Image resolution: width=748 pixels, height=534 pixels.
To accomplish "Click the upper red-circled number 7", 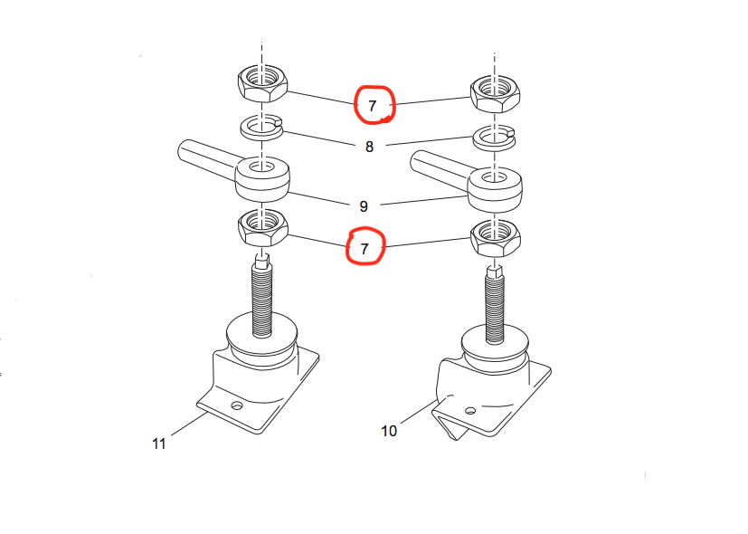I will pyautogui.click(x=372, y=105).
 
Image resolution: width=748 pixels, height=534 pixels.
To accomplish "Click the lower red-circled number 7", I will pyautogui.click(x=365, y=247).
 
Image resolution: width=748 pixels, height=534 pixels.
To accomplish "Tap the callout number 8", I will pyautogui.click(x=369, y=146).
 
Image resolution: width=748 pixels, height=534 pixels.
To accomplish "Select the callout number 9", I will pyautogui.click(x=364, y=205).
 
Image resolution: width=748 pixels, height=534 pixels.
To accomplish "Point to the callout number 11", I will pyautogui.click(x=159, y=443).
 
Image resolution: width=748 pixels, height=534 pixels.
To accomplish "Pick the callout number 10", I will pyautogui.click(x=389, y=431).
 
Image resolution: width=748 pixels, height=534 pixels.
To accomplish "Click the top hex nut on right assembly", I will pyautogui.click(x=494, y=91).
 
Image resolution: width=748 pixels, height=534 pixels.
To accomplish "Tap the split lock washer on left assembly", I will pyautogui.click(x=262, y=128).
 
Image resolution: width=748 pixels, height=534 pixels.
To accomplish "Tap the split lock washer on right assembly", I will pyautogui.click(x=494, y=138).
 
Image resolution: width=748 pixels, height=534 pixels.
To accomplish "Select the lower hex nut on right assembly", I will pyautogui.click(x=494, y=237).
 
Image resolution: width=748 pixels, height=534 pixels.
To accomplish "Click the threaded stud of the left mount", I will pyautogui.click(x=263, y=300).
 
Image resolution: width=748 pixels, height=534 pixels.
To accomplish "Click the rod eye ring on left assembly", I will pyautogui.click(x=262, y=177).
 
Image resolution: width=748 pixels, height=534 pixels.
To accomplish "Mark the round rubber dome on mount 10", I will pyautogui.click(x=495, y=348).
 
